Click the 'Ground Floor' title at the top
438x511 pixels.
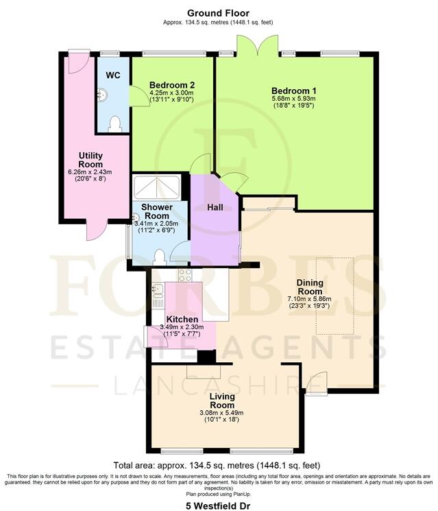(x=218, y=12)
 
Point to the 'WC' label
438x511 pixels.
(x=113, y=75)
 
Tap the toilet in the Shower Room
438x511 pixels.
(x=160, y=257)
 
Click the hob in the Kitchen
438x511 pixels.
(x=185, y=275)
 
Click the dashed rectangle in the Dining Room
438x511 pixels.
(x=334, y=296)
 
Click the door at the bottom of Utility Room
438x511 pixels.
(x=95, y=231)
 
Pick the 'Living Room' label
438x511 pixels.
(x=221, y=401)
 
